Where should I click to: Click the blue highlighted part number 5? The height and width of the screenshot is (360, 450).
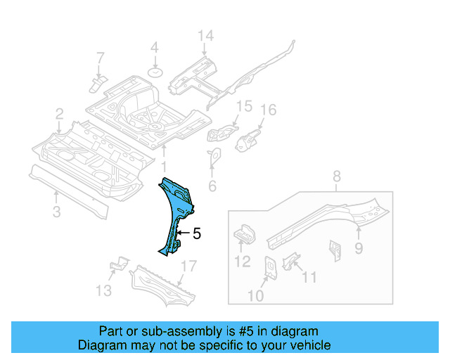pos(176,211)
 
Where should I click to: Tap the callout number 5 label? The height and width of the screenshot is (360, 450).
pos(197,233)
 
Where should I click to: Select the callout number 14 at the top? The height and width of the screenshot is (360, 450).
pos(204,36)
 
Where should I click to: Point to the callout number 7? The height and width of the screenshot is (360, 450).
pos(100,57)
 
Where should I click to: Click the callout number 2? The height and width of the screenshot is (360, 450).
pos(60,113)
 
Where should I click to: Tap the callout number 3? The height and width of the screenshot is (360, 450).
pos(57,211)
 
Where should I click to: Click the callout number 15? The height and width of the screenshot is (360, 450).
pos(243,107)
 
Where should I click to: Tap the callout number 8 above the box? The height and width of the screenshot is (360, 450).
pos(336,176)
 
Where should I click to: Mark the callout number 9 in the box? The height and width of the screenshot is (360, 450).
pos(358,247)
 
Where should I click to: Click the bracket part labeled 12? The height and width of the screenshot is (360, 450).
pos(243,234)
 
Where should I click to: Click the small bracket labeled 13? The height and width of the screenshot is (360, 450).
pos(119,265)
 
